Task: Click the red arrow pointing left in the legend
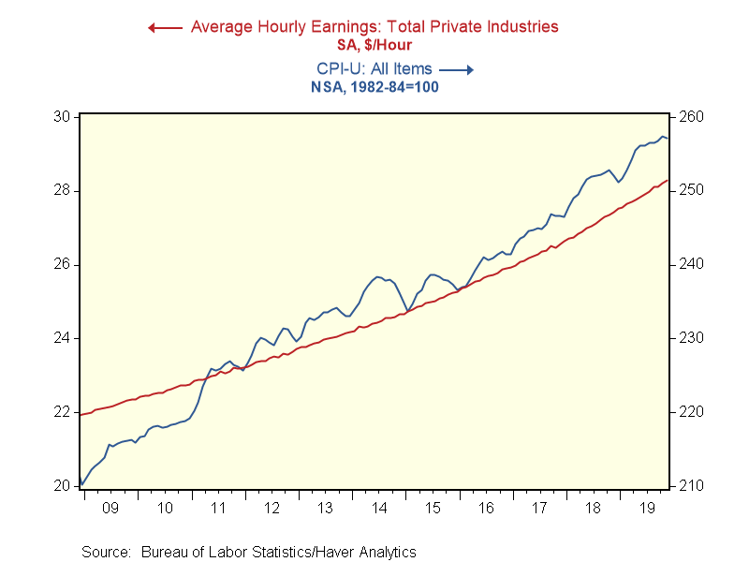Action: [x=165, y=27]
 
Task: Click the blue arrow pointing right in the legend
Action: [x=457, y=69]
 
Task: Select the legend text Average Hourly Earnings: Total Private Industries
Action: [x=374, y=26]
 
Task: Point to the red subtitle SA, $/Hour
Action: [x=374, y=44]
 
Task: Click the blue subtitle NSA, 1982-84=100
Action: [x=374, y=87]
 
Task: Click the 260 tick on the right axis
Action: [x=690, y=117]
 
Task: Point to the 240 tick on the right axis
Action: [x=690, y=264]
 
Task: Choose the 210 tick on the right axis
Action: [x=690, y=485]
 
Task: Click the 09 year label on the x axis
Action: [x=110, y=509]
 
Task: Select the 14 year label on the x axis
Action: [x=379, y=509]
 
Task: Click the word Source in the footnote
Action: [x=105, y=552]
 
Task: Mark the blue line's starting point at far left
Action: [x=81, y=485]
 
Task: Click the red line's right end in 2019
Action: [x=668, y=181]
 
